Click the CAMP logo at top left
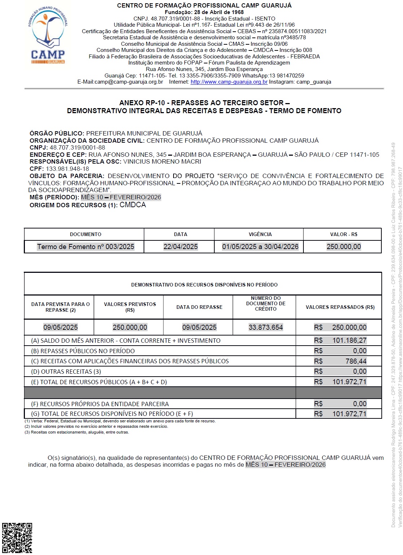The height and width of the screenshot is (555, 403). coord(48,35)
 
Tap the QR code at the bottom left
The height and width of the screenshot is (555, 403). coord(17,538)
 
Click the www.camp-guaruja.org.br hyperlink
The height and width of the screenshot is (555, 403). coord(229,82)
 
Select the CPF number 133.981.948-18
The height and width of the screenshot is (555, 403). coord(67,169)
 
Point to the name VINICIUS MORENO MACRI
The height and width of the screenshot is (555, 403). coord(162,161)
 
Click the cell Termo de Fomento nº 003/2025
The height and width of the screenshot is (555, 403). coord(86,247)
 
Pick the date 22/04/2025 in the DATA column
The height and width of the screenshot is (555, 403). coord(180,247)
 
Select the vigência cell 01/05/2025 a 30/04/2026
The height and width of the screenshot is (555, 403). coord(260,247)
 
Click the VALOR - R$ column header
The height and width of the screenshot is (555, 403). coord(343,234)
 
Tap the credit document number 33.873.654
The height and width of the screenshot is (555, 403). coord(266,327)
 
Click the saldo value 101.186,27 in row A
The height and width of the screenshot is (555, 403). coord(349,341)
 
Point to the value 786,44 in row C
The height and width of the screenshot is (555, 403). coord(356,361)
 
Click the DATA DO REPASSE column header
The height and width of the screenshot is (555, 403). coord(199,307)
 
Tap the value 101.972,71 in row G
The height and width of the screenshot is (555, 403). coord(349,414)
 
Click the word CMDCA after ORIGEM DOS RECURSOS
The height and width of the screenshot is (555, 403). coord(133,205)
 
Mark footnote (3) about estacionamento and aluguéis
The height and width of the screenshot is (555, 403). coord(77,432)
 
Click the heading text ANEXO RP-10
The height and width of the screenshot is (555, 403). coord(142,103)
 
